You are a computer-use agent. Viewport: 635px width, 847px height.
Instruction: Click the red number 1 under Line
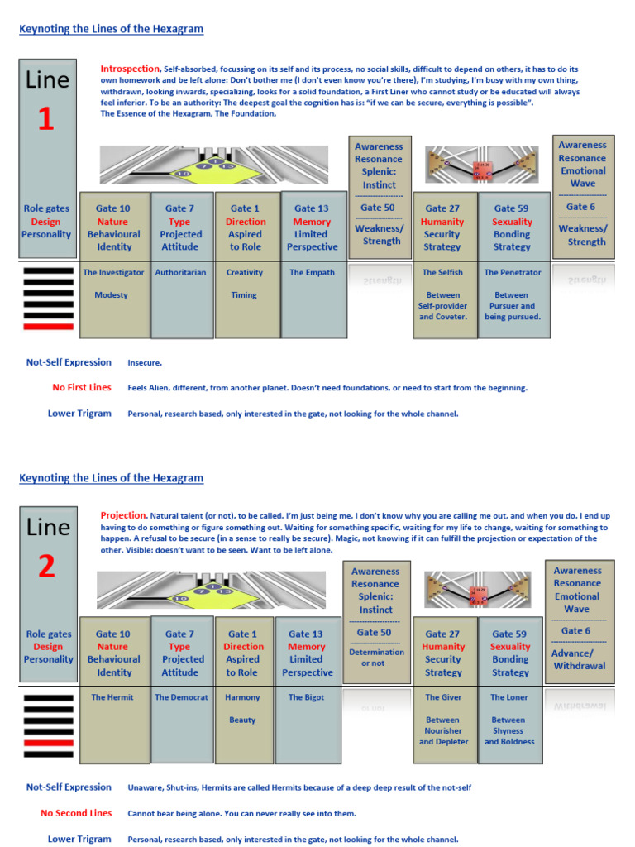(x=46, y=119)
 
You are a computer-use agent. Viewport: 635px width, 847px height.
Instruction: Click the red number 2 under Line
(x=46, y=565)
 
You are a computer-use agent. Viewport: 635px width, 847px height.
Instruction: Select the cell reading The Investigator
(x=113, y=272)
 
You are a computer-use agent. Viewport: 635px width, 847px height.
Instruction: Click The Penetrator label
(x=512, y=272)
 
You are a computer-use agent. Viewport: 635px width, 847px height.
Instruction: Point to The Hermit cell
(x=112, y=697)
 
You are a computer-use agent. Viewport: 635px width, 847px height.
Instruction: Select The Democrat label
(x=181, y=697)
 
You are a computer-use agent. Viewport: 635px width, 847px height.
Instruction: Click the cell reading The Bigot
(x=306, y=697)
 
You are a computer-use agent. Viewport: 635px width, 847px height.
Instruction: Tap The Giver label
(x=443, y=697)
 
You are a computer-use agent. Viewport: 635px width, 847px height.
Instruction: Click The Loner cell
(x=508, y=697)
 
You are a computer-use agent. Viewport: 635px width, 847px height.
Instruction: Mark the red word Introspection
(x=130, y=69)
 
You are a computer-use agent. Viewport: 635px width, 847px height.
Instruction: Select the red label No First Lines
(x=81, y=387)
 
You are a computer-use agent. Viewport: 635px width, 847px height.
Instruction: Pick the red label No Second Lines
(x=75, y=813)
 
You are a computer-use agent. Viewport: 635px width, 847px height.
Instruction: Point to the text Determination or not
(x=376, y=658)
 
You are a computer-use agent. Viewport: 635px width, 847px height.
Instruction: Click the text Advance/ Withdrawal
(x=578, y=659)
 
